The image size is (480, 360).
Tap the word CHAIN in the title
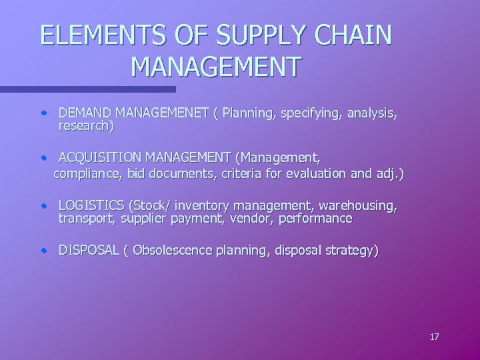355,35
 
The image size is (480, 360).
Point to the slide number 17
434,337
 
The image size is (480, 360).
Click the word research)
87,125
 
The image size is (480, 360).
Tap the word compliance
85,173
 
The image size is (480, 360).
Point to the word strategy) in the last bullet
351,251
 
